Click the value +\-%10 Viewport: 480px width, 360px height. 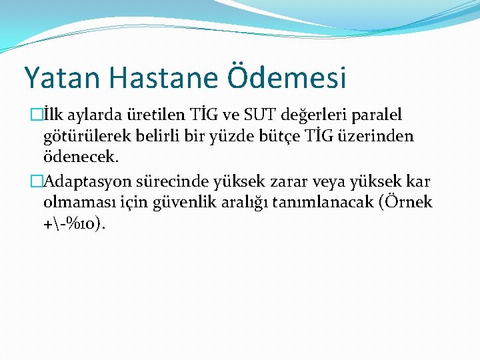pyautogui.click(x=73, y=224)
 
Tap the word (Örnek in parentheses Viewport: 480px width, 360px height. pyautogui.click(x=407, y=203)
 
